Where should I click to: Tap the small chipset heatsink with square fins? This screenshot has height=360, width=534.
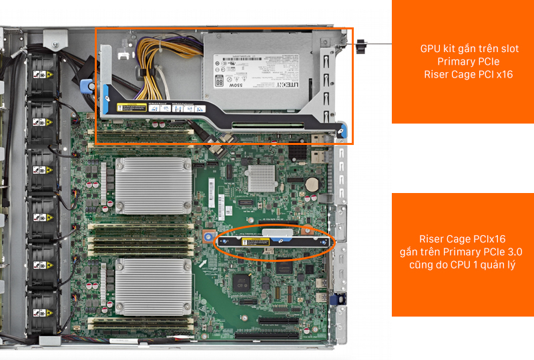click(262, 176)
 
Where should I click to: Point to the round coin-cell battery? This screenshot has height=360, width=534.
click(311, 182)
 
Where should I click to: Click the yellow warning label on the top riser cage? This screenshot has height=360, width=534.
click(131, 108)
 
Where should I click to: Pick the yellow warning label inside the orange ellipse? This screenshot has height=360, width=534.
click(257, 242)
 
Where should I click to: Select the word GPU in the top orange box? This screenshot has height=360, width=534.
click(431, 49)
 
